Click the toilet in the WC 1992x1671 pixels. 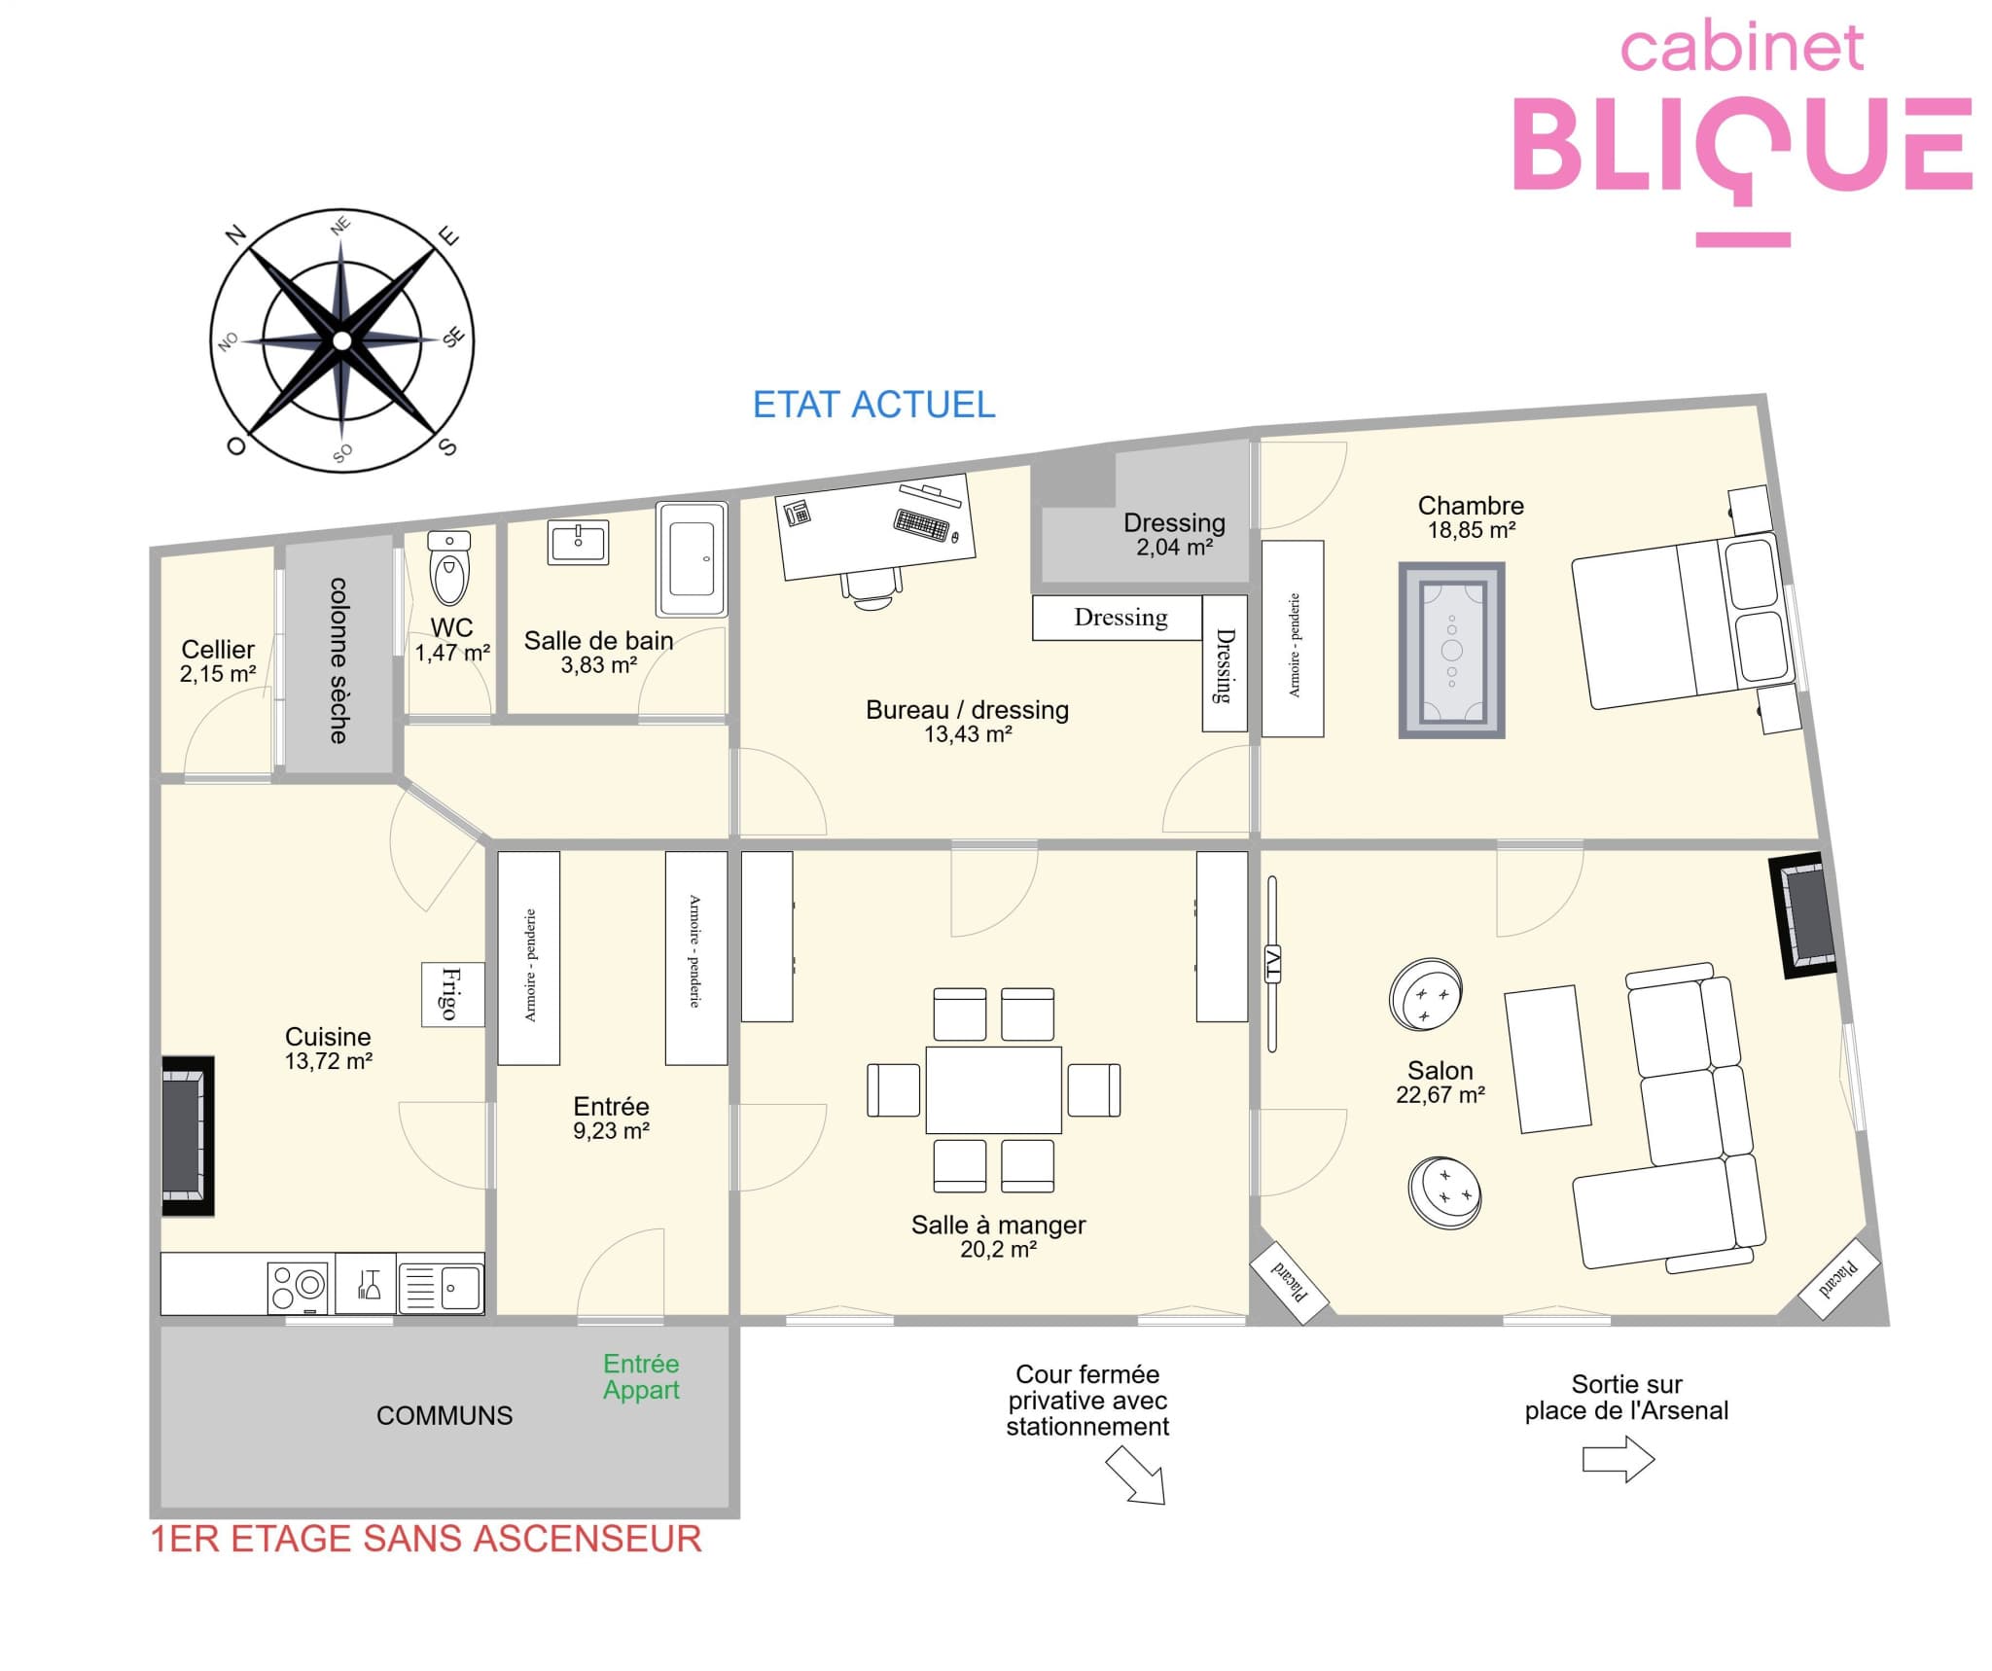[449, 568]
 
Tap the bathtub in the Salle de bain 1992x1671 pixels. [692, 558]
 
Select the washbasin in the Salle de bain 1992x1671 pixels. [578, 542]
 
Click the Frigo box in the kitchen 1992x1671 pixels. [453, 994]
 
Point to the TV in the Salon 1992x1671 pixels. [1272, 963]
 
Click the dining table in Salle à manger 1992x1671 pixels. [993, 1089]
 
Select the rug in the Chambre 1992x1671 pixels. [1451, 650]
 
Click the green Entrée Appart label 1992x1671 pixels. [641, 1376]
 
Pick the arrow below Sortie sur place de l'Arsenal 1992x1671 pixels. [1618, 1459]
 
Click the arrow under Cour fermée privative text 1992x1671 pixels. [1136, 1475]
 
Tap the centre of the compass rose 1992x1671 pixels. [341, 340]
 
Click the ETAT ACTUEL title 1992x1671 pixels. [873, 405]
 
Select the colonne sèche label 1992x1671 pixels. [338, 660]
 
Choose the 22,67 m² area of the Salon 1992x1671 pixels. [1441, 1094]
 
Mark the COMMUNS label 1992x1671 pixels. [445, 1415]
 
